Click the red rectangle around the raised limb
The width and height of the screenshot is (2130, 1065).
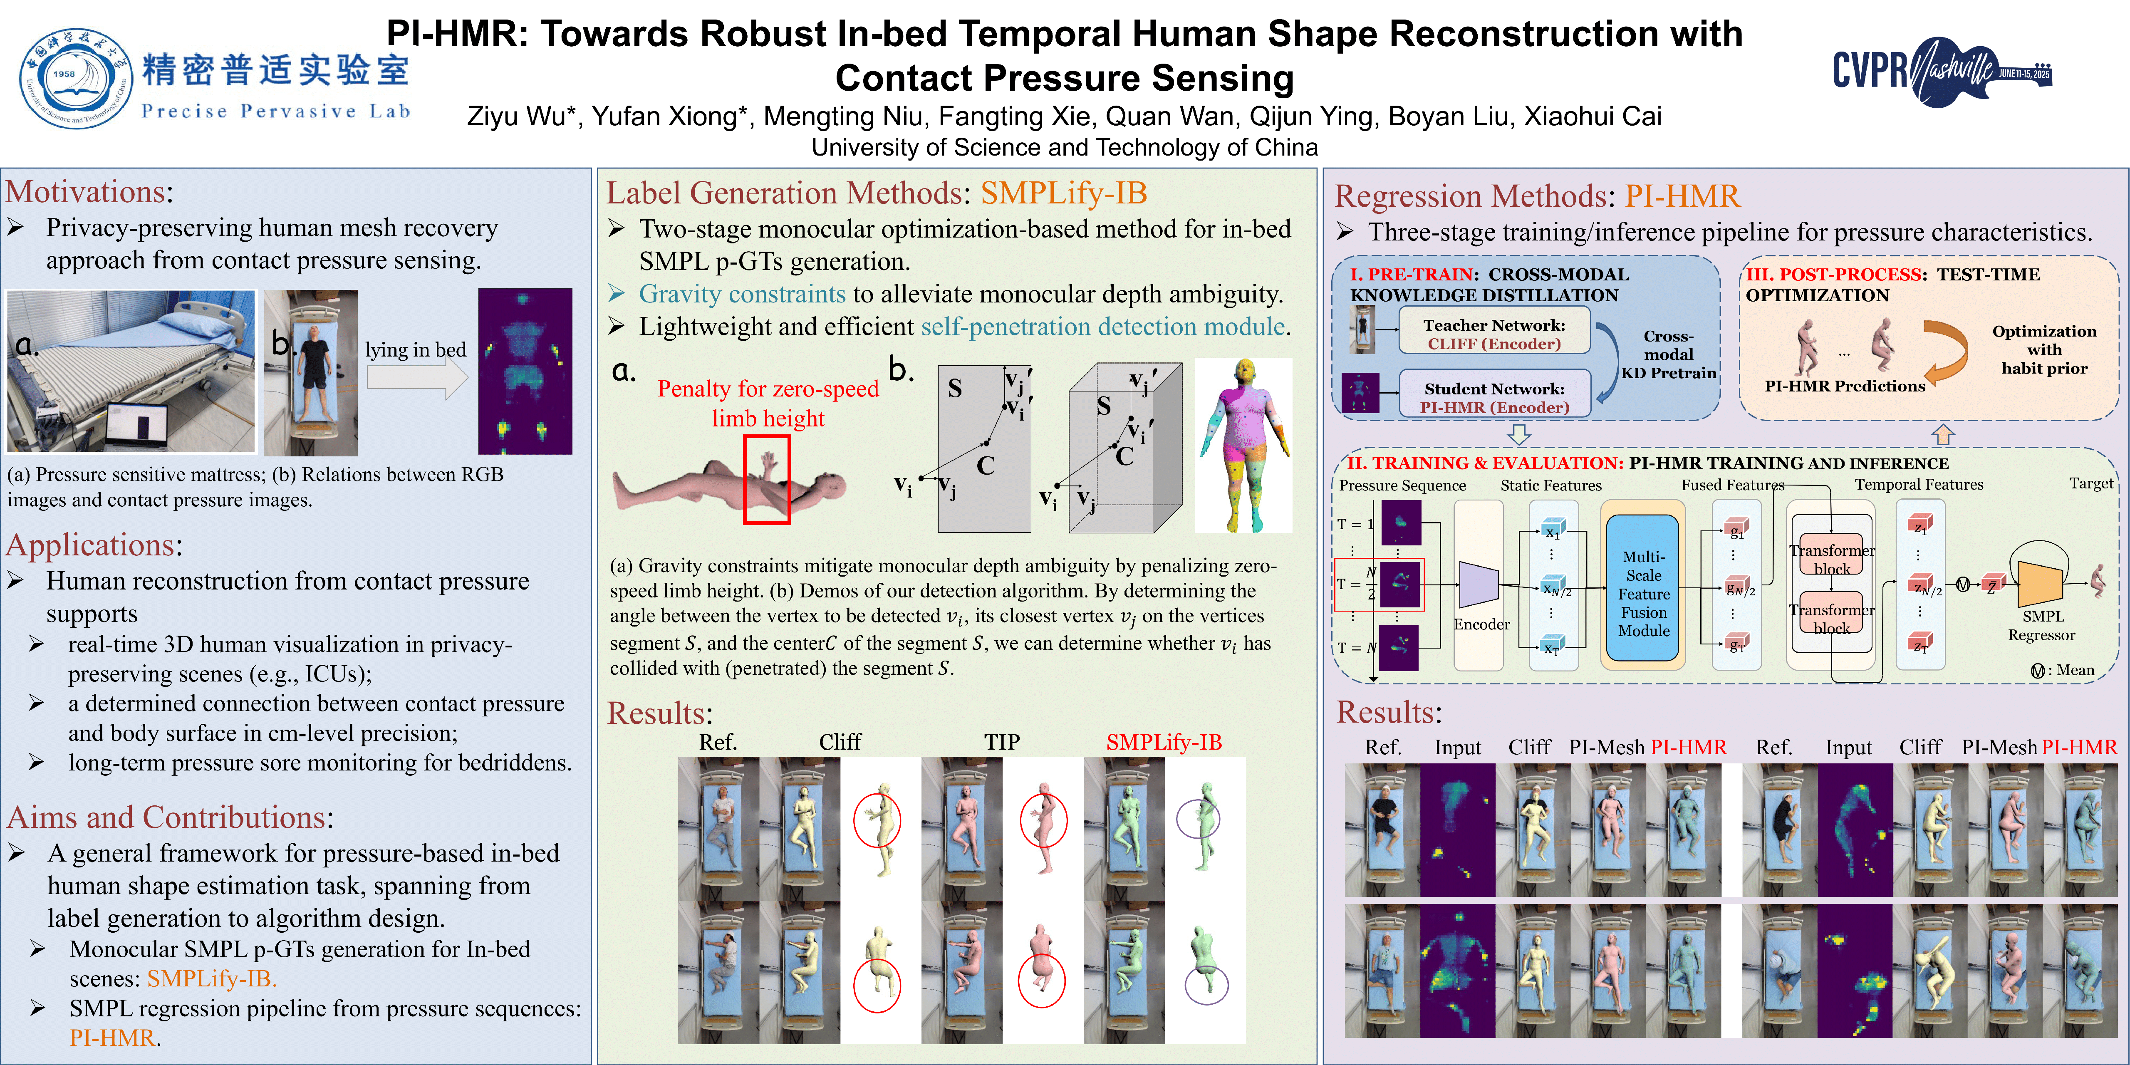pyautogui.click(x=766, y=480)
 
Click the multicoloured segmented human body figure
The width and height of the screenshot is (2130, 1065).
pyautogui.click(x=1243, y=445)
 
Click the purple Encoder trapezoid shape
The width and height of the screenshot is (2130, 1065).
pyautogui.click(x=1479, y=584)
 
